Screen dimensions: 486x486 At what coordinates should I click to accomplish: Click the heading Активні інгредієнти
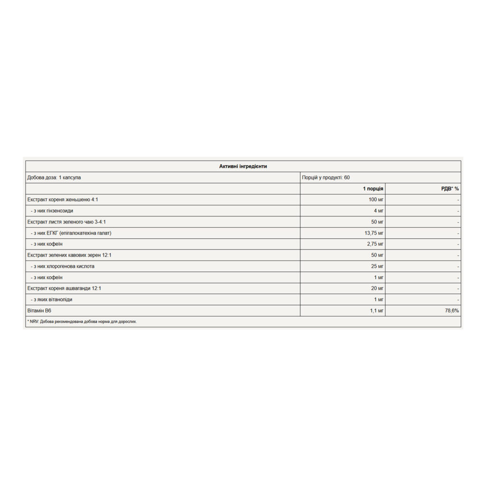(243, 166)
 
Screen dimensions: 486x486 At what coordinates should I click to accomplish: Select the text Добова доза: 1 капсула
(54, 178)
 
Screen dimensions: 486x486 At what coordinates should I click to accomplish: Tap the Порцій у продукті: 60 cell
(326, 178)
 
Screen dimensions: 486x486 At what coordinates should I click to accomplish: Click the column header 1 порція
(373, 188)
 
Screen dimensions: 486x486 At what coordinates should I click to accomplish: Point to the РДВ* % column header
(450, 188)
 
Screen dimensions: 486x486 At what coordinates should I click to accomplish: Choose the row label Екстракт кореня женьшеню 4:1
(63, 200)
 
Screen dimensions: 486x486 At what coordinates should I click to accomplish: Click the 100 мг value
(376, 200)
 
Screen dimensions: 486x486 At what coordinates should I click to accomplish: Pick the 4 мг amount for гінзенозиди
(379, 211)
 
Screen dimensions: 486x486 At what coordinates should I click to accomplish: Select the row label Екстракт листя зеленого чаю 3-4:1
(70, 222)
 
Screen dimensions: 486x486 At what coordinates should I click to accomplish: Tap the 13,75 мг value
(374, 233)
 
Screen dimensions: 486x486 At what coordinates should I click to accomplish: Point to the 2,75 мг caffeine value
(374, 244)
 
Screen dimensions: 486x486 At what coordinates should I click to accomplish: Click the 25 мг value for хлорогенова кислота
(377, 266)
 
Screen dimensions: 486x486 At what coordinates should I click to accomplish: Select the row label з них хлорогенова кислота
(62, 266)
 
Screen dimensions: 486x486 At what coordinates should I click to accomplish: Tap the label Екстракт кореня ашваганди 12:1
(64, 289)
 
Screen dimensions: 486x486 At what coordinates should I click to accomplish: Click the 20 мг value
(377, 289)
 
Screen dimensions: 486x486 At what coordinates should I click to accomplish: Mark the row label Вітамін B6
(40, 311)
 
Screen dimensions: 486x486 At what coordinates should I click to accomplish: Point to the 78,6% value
(452, 311)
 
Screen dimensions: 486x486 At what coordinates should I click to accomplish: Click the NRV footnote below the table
(82, 322)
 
